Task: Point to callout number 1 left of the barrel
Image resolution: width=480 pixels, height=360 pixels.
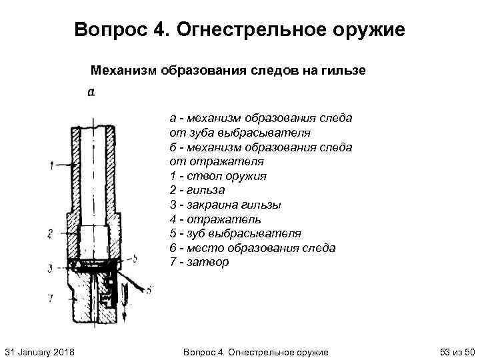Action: (51, 165)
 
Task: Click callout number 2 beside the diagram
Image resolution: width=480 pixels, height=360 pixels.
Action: (50, 233)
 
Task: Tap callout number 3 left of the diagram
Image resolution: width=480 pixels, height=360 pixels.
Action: (50, 269)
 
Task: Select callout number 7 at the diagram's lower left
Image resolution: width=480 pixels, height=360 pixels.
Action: (50, 297)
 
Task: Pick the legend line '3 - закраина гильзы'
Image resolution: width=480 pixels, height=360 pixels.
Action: (225, 205)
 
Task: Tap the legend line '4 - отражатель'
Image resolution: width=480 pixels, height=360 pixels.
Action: (215, 219)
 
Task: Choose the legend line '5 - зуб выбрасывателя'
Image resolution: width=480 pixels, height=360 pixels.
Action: (235, 233)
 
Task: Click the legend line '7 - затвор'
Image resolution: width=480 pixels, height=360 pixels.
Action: (199, 262)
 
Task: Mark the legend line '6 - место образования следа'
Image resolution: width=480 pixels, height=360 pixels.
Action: (252, 248)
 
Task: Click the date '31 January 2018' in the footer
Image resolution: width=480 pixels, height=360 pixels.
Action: (39, 351)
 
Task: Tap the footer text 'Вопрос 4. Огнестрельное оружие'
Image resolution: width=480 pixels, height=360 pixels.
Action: (255, 351)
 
